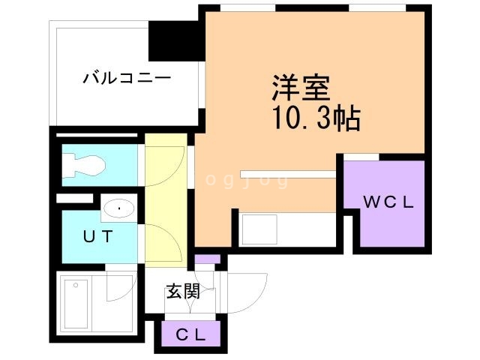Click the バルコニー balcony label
click(x=127, y=77)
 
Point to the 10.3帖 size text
click(x=308, y=118)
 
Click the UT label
click(x=97, y=237)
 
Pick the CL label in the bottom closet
click(x=190, y=335)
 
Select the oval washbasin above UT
click(x=118, y=208)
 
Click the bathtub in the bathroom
click(x=77, y=304)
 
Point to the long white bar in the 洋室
click(x=288, y=174)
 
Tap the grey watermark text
click(x=247, y=181)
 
